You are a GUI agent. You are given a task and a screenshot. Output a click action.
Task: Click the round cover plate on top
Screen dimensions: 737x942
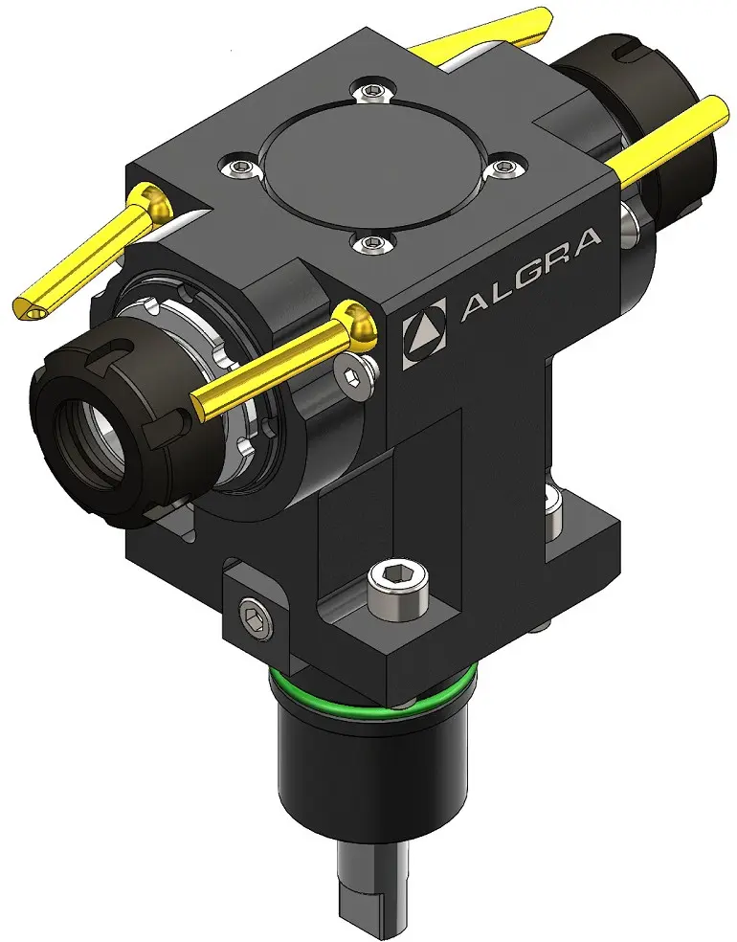(x=373, y=162)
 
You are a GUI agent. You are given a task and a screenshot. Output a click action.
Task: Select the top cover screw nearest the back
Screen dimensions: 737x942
(x=373, y=90)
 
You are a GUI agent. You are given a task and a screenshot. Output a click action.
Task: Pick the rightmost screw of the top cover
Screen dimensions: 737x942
(x=507, y=166)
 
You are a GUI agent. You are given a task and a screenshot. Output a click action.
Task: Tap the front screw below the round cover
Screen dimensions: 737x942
(x=371, y=242)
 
